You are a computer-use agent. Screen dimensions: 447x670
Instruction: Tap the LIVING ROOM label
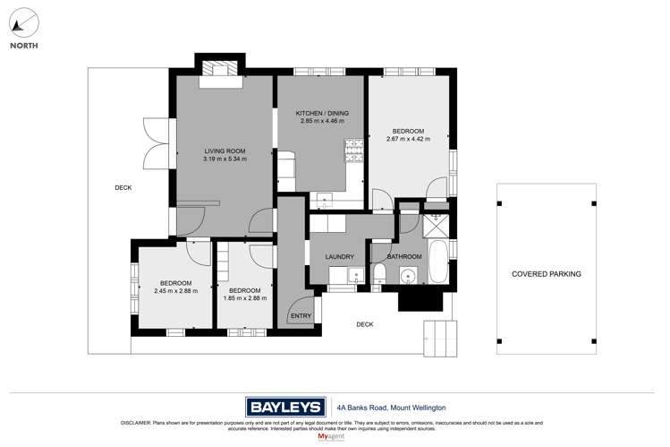tap(225, 150)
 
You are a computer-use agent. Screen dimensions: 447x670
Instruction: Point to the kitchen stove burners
tap(355, 146)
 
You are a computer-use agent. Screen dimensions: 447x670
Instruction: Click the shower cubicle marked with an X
tap(438, 225)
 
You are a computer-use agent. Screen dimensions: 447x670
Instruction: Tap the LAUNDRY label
tap(339, 257)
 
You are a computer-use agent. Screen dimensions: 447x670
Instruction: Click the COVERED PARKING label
tap(546, 274)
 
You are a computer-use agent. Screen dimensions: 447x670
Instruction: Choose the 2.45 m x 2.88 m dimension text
tap(175, 290)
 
